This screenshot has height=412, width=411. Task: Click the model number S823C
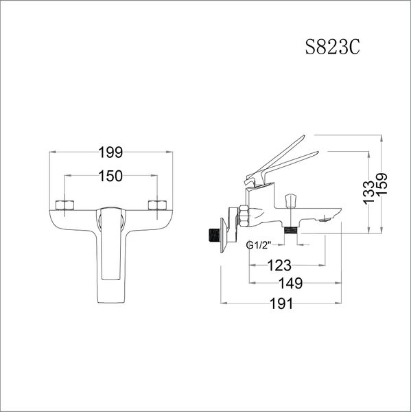coord(332,48)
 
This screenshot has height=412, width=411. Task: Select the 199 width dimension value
coord(110,152)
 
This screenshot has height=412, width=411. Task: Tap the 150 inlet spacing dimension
coord(110,176)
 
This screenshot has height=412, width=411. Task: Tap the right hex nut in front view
coord(157,205)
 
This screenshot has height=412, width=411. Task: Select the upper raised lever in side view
coord(281,155)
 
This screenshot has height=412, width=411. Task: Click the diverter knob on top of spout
coord(291,200)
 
